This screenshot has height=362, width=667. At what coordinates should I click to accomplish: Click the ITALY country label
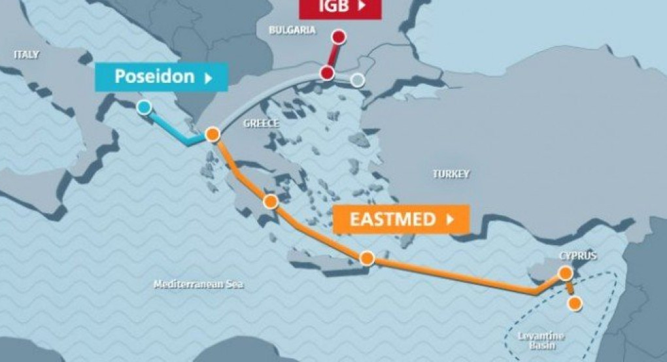click(x=27, y=55)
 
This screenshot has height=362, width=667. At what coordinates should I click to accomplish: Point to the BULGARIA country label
click(x=292, y=30)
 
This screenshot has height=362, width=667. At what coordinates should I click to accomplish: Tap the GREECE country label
click(x=261, y=123)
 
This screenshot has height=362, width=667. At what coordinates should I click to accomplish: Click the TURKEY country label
click(x=451, y=174)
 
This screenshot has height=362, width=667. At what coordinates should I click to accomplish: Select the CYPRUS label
click(x=578, y=255)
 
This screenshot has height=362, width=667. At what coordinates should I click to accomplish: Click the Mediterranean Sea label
click(x=198, y=285)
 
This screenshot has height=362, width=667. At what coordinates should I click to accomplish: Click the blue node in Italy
click(x=144, y=107)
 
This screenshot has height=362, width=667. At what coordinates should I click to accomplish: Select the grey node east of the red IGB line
click(x=357, y=80)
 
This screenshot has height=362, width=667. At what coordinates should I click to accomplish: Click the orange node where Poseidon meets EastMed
click(x=211, y=135)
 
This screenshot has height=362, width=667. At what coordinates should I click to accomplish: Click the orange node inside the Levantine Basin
click(x=575, y=303)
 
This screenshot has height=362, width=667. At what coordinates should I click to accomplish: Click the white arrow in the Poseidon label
click(x=209, y=77)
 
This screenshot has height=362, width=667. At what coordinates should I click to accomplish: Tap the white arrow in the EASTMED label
click(x=449, y=220)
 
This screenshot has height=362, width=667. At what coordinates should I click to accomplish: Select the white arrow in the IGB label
click(x=360, y=7)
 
